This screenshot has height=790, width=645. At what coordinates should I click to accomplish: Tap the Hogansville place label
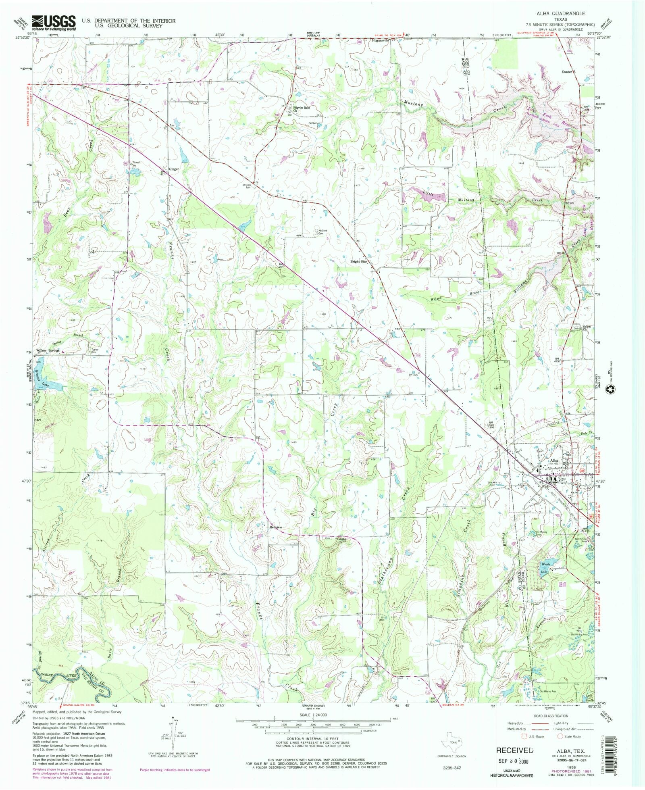(x=380, y=41)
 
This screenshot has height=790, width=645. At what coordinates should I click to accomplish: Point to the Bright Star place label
(x=358, y=262)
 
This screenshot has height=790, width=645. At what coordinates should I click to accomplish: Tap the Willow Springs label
(x=48, y=350)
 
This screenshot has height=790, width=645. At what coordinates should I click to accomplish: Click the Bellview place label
(x=276, y=527)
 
